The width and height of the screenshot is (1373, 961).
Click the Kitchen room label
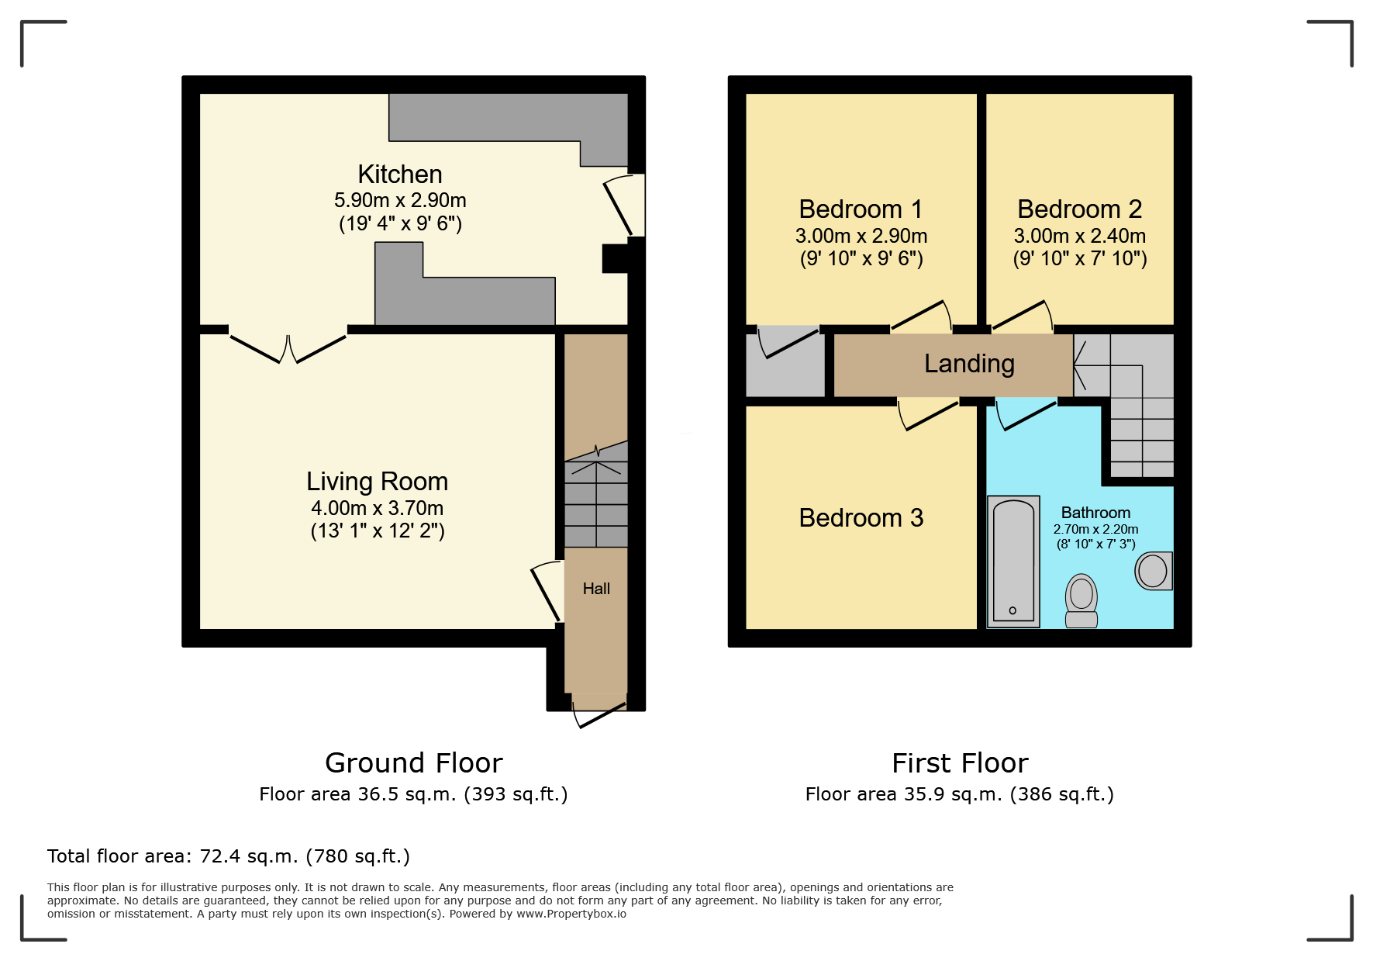pos(399,175)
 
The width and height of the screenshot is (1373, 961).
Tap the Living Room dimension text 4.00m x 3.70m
pos(377,508)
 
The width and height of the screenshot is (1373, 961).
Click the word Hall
pos(596,589)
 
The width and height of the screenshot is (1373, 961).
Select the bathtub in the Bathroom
pos(1013,561)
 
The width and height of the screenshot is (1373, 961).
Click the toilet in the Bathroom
pos(1081,600)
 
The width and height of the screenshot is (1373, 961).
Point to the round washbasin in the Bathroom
pos(1154,572)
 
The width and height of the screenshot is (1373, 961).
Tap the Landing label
pos(969,363)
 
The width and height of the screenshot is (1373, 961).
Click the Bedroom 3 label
pos(861,517)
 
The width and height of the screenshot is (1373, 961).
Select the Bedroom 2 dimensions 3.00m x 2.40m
pos(1079,236)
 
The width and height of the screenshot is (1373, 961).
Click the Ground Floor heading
pos(413,763)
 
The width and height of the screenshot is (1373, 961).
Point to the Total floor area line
pos(228,856)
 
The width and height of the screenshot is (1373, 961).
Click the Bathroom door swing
pos(1025,413)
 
